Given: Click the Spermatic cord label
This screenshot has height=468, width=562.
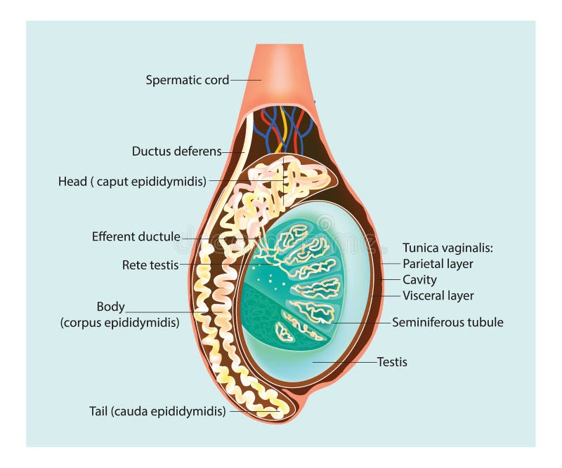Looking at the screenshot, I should point(187,80).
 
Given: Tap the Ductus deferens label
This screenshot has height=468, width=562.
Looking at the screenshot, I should point(176,151).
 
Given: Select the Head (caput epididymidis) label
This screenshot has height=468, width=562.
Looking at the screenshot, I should point(132,182).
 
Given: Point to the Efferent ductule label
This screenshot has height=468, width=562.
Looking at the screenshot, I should point(136,236).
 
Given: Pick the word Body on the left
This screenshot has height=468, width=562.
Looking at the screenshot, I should point(110,307).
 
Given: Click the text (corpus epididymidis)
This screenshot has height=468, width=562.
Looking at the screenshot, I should point(119,323).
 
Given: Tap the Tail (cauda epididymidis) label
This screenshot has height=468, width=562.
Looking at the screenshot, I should point(157,411).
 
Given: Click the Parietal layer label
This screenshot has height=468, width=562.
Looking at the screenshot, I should point(438,264).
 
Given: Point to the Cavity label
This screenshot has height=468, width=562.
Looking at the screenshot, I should point(419,280).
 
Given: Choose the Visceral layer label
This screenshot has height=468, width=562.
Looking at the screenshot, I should point(438,295).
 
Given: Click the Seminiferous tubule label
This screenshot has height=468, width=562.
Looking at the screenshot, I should point(447,323).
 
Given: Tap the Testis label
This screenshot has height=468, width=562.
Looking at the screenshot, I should point(392,362).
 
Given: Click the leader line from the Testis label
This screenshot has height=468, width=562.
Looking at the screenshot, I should point(344,362).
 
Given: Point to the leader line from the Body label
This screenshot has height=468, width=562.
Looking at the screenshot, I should point(162,311).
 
